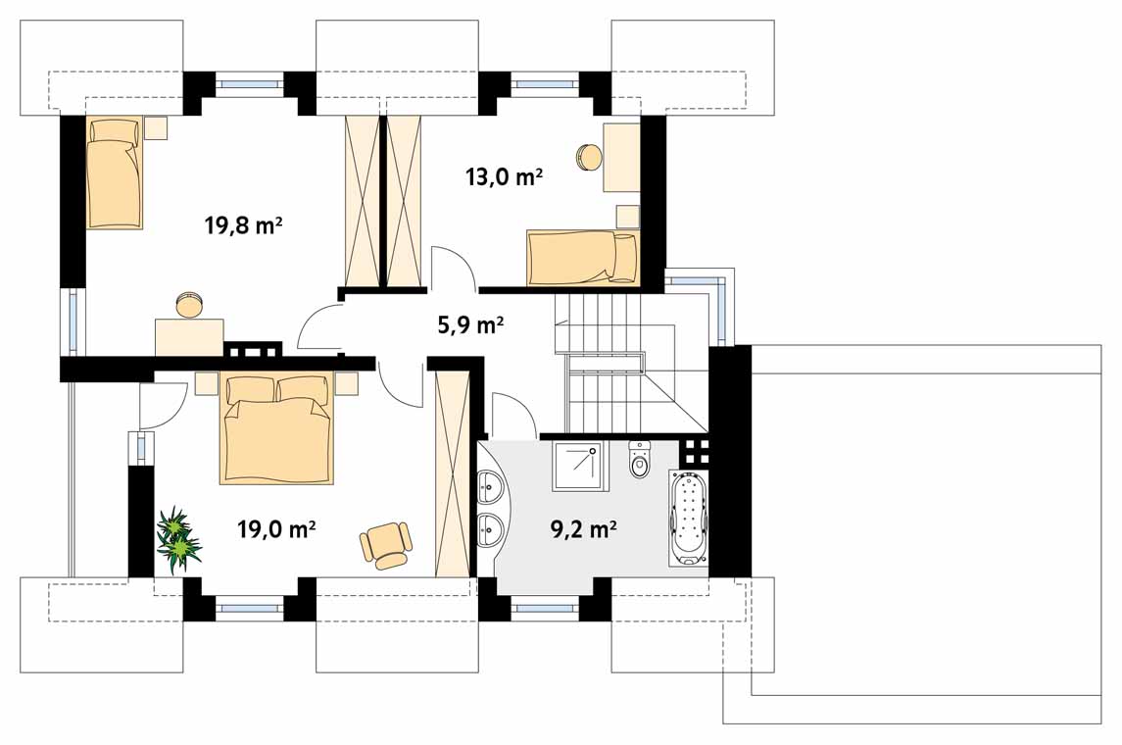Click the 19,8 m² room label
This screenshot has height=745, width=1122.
pos(243,226)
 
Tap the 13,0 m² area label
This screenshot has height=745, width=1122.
pos(504,176)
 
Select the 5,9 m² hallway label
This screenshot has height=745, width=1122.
pos(470,325)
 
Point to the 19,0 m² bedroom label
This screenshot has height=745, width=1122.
pos(277,529)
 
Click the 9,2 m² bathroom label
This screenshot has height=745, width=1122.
pos(584,529)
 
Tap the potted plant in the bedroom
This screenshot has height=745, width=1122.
pos(177,539)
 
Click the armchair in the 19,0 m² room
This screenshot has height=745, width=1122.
pos(386,545)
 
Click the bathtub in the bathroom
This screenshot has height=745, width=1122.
pos(689,519)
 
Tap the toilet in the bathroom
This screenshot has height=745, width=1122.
pos(639,460)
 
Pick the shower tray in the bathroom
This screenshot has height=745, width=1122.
pos(577,466)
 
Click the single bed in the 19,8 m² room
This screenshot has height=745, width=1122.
pos(115,174)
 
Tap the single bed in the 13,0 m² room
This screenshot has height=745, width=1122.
pos(583,259)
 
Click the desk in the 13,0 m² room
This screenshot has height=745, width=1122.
pos(621,158)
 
